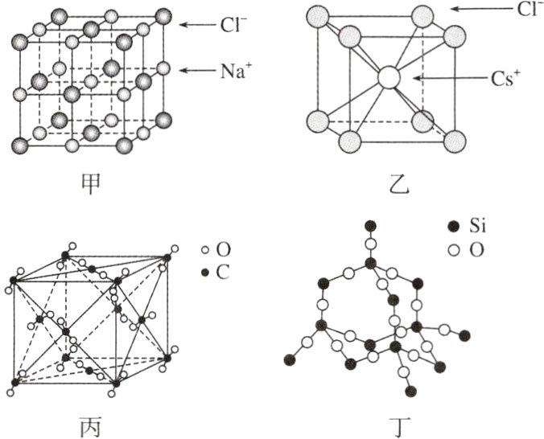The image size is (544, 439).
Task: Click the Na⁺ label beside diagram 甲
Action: click(x=237, y=70)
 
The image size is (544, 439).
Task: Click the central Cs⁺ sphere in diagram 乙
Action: click(x=389, y=78)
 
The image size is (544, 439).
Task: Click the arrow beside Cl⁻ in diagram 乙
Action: click(x=475, y=9)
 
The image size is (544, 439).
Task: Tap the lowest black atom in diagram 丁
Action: click(x=411, y=391)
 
